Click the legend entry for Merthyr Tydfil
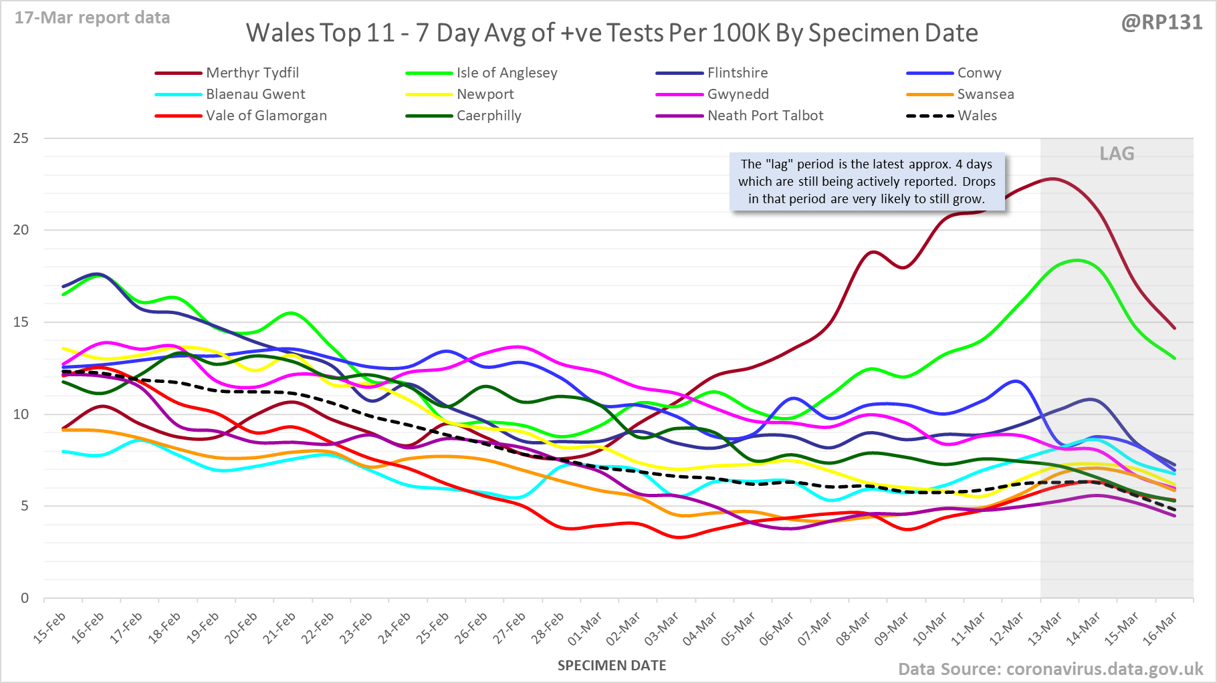[x=252, y=73]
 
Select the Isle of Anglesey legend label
[x=506, y=73]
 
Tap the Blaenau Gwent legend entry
[x=255, y=94]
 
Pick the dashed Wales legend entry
[x=976, y=116]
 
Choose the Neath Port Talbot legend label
[x=765, y=116]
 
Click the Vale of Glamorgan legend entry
[x=266, y=116]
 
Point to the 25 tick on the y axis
[x=21, y=138]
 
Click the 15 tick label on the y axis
[x=21, y=322]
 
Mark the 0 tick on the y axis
[x=25, y=598]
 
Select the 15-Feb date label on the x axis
[x=50, y=628]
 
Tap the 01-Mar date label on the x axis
[x=585, y=629]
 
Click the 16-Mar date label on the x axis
[x=1160, y=629]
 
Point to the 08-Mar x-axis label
[x=853, y=629]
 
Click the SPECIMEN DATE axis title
[x=612, y=666]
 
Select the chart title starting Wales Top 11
[x=612, y=33]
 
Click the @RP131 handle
[x=1161, y=23]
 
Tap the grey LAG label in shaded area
[x=1117, y=154]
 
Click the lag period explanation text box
[x=867, y=182]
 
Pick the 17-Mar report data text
[x=92, y=18]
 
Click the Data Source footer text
[x=1050, y=669]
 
